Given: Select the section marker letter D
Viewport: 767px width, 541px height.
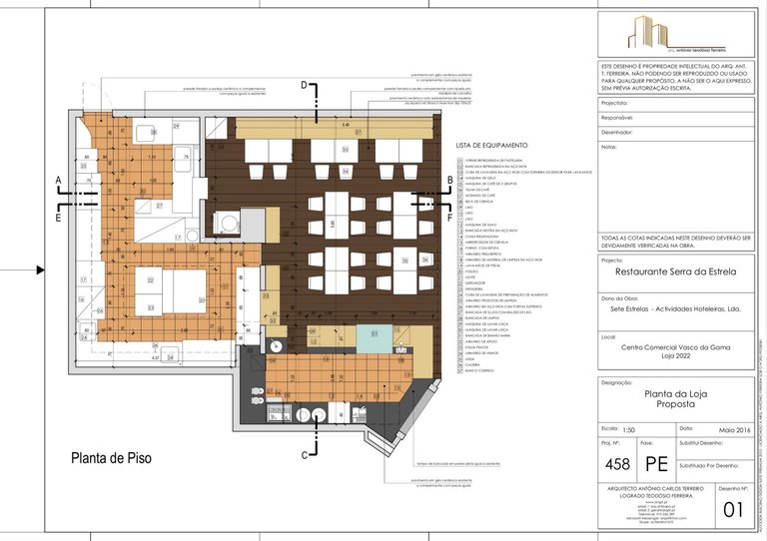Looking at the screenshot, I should (305, 87).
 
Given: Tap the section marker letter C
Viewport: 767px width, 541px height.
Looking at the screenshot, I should (305, 455).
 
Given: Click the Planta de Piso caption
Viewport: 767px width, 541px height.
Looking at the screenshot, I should (110, 459).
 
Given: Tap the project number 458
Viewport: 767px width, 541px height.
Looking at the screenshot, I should (619, 464).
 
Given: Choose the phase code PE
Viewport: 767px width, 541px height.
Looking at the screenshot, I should (656, 464).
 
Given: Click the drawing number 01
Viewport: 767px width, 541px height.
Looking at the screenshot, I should (733, 509).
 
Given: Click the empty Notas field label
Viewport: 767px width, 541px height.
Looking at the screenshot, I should (610, 147).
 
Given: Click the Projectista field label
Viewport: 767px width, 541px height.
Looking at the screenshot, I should (615, 103).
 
